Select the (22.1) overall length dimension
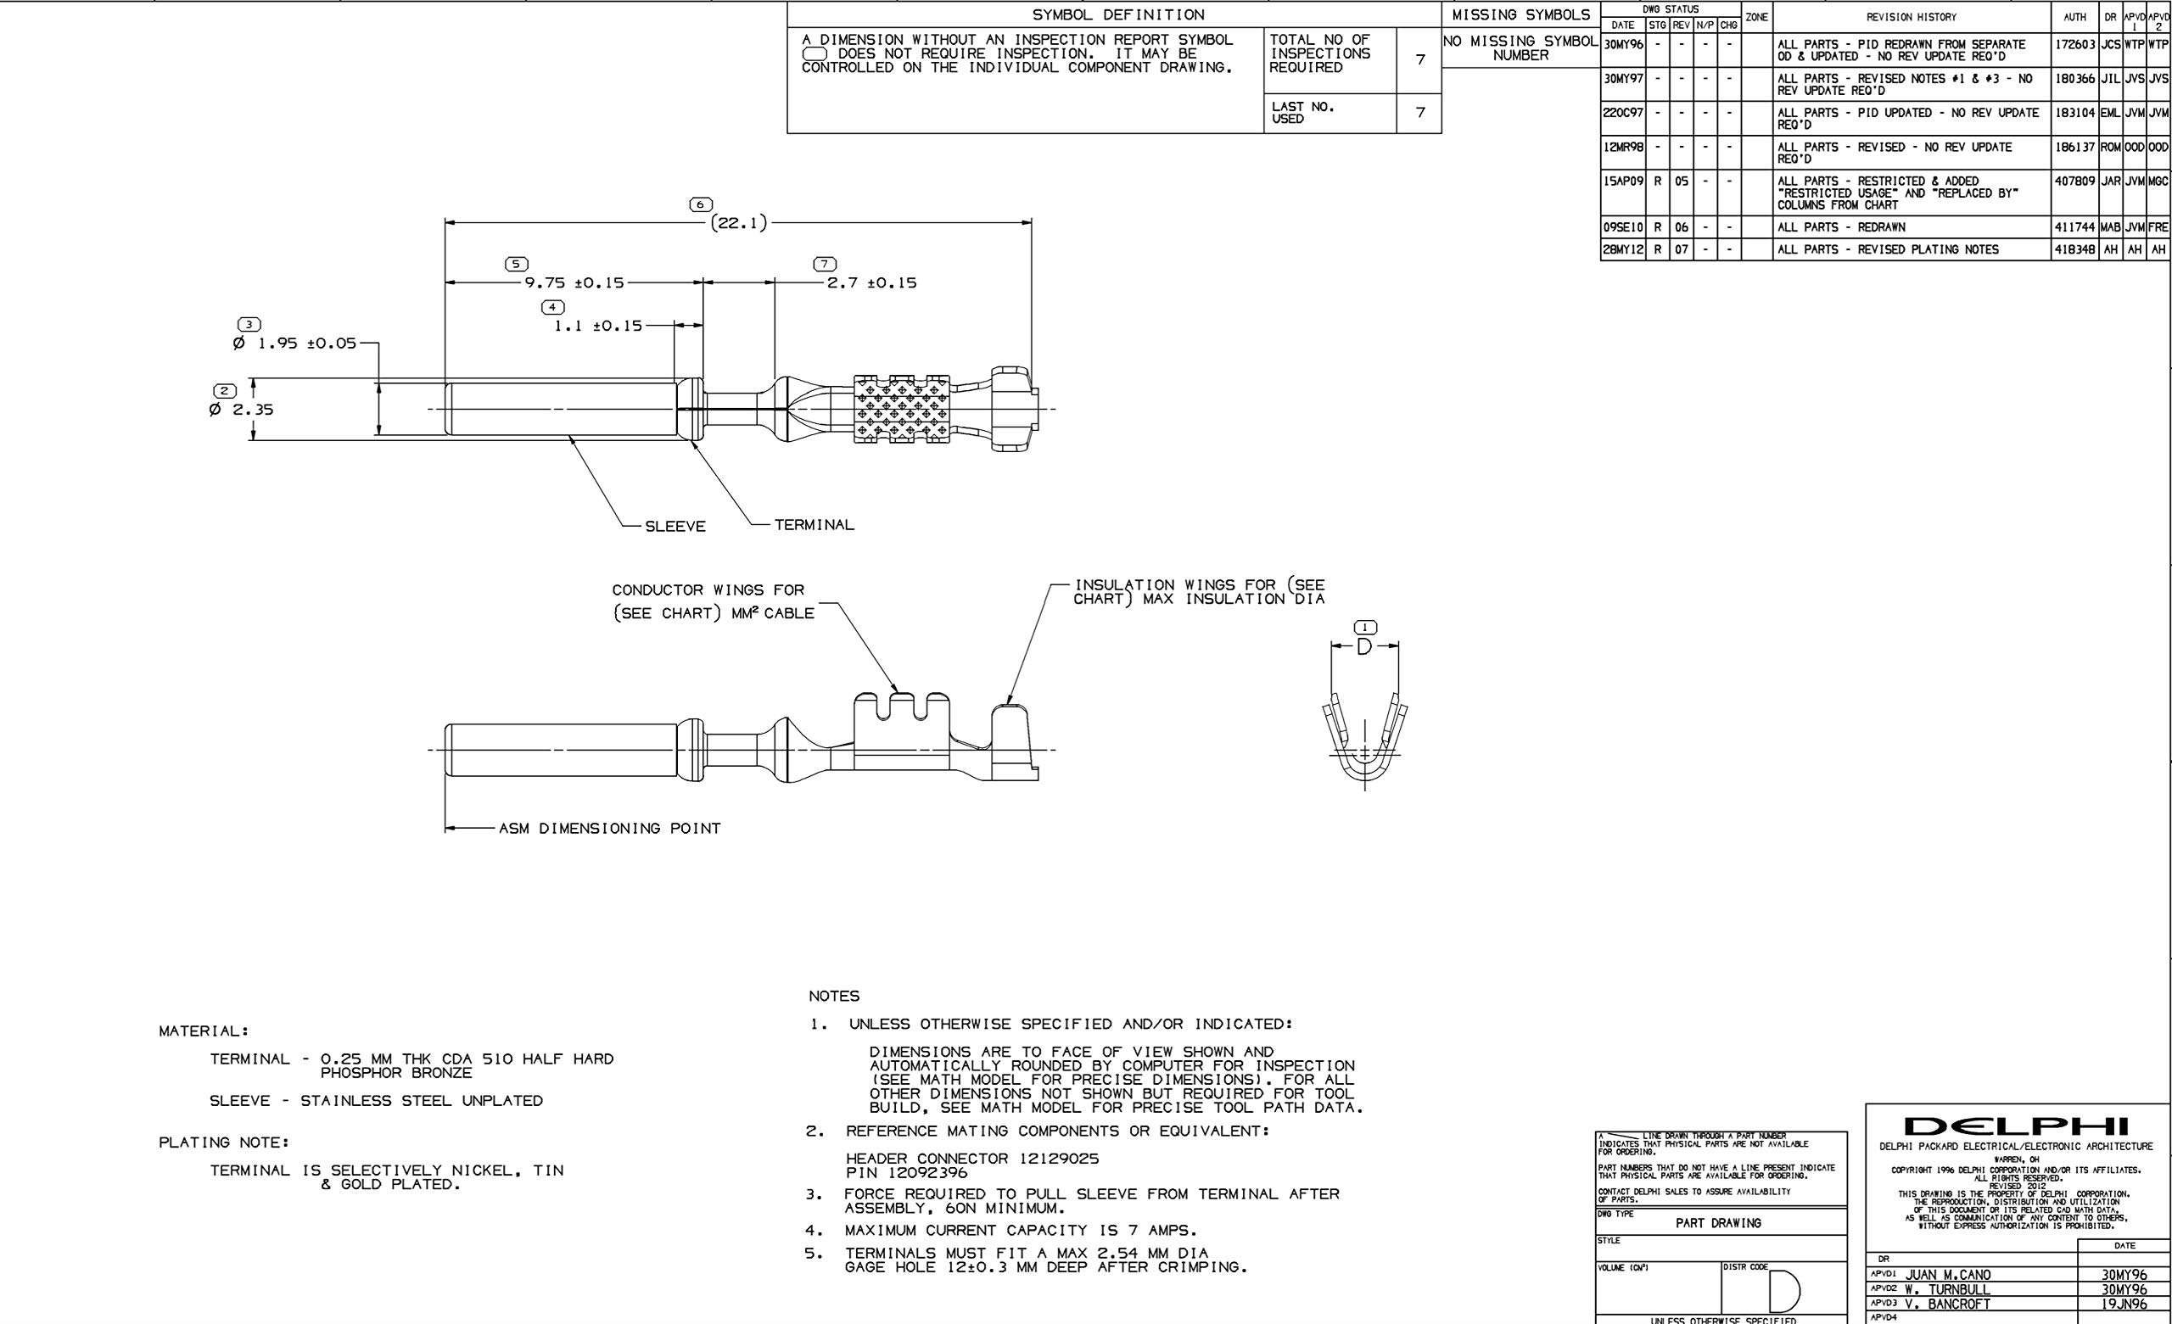click(x=739, y=223)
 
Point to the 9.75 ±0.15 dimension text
click(x=574, y=283)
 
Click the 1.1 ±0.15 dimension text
click(x=597, y=325)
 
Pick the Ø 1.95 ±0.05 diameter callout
click(x=294, y=343)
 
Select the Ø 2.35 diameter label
click(x=242, y=410)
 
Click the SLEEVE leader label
click(x=675, y=527)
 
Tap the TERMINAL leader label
click(x=814, y=525)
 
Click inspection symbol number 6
click(x=700, y=204)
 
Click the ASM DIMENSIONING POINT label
click(x=609, y=829)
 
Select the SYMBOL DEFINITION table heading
click(x=1117, y=15)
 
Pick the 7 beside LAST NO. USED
click(x=1419, y=112)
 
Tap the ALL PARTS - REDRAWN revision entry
click(x=1839, y=227)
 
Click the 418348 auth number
click(x=2074, y=249)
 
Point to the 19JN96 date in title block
click(x=2124, y=1304)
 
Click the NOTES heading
click(x=833, y=996)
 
